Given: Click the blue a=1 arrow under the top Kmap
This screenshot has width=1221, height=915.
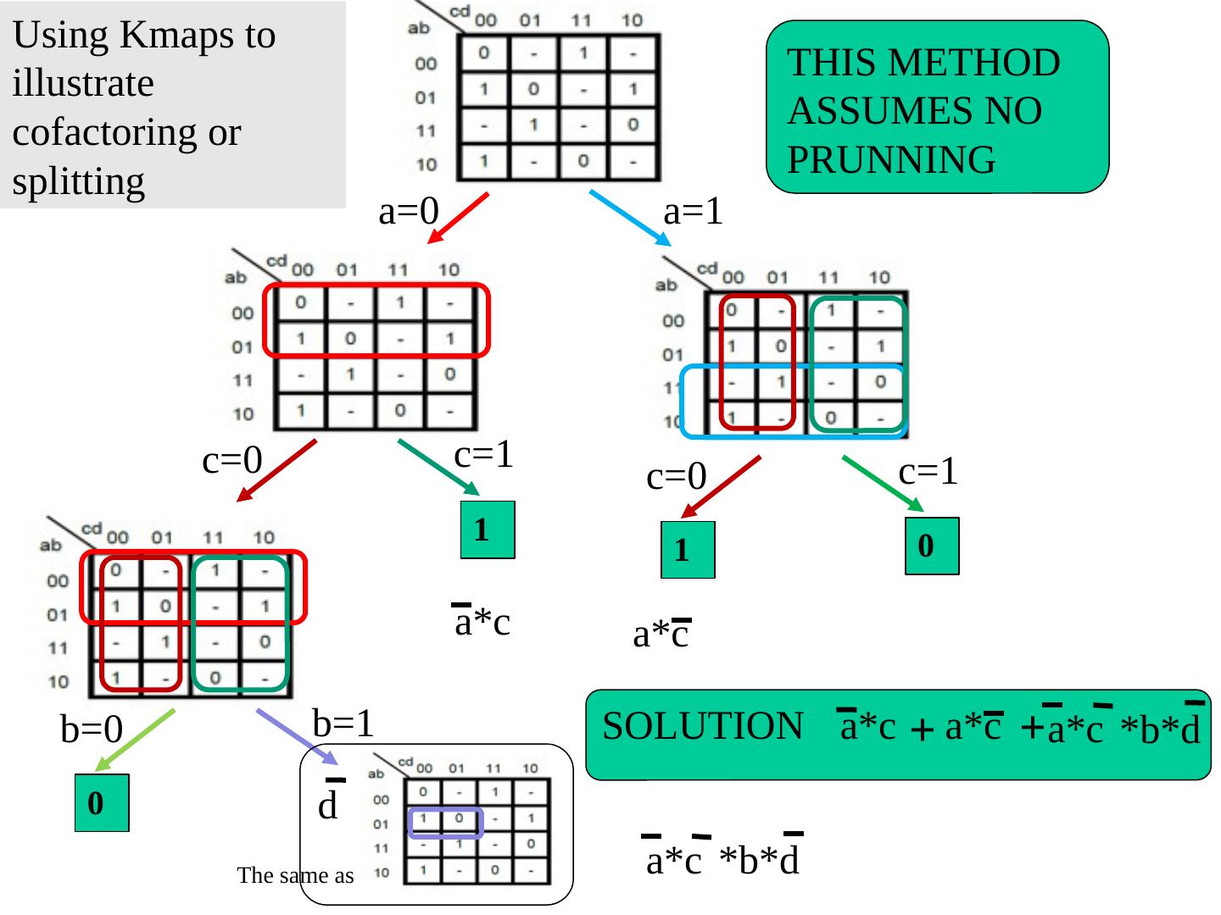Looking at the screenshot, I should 628,218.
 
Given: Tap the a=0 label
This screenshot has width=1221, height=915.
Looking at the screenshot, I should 407,212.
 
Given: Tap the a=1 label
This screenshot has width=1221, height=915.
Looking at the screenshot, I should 693,212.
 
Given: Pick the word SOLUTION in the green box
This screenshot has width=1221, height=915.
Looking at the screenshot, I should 703,726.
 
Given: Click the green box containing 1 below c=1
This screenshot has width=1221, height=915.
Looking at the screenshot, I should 488,530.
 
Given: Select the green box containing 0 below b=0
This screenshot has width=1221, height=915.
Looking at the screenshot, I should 102,803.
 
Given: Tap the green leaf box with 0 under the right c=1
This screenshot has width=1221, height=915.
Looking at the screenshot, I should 932,546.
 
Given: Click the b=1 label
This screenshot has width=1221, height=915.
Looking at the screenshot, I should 343,723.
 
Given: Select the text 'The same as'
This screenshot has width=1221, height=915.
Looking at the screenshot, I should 295,876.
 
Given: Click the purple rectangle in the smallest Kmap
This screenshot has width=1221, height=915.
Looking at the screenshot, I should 445,823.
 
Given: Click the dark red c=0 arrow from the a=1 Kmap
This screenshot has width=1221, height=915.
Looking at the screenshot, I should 722,487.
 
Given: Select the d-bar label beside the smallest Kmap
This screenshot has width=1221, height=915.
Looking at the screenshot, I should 329,803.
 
